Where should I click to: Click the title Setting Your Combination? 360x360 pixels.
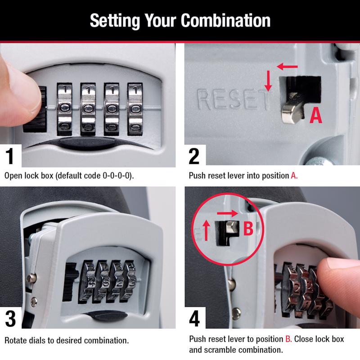[x=180, y=20]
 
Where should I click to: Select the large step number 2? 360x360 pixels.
[x=194, y=156]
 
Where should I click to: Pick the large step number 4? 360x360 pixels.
[x=194, y=318]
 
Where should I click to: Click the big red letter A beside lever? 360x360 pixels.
[x=317, y=116]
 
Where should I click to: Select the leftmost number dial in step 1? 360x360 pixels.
[x=64, y=108]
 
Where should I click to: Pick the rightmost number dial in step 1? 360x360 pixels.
[x=135, y=108]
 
